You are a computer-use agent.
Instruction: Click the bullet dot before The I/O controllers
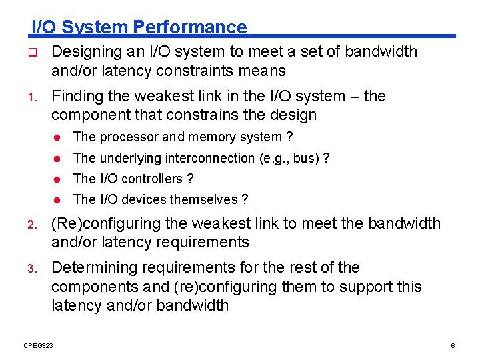coord(58,179)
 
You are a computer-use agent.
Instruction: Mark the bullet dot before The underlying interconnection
coord(58,159)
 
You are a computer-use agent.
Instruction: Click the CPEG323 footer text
coord(39,345)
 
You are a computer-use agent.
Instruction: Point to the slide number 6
coord(453,345)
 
